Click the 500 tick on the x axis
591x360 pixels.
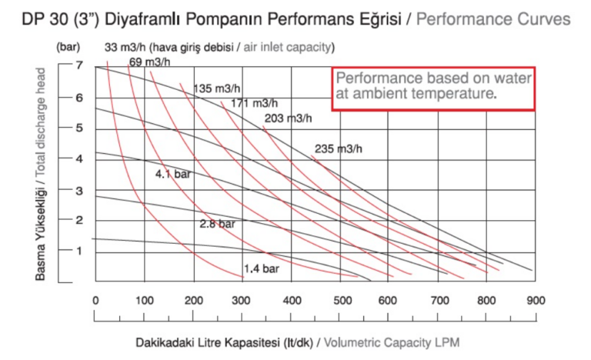340,301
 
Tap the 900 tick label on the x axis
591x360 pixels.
536,301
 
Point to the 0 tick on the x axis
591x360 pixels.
95,301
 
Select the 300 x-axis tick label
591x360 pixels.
242,301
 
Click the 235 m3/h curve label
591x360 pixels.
338,148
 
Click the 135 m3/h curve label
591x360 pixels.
217,87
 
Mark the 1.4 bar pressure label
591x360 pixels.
262,268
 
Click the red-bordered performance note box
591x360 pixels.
433,88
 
